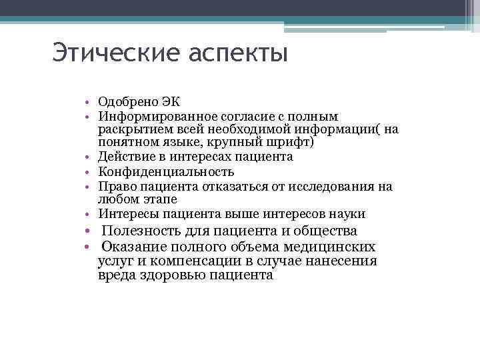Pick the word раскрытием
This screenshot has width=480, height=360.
click(131, 129)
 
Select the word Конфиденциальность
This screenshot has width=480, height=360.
click(166, 172)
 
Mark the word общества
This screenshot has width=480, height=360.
click(324, 231)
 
